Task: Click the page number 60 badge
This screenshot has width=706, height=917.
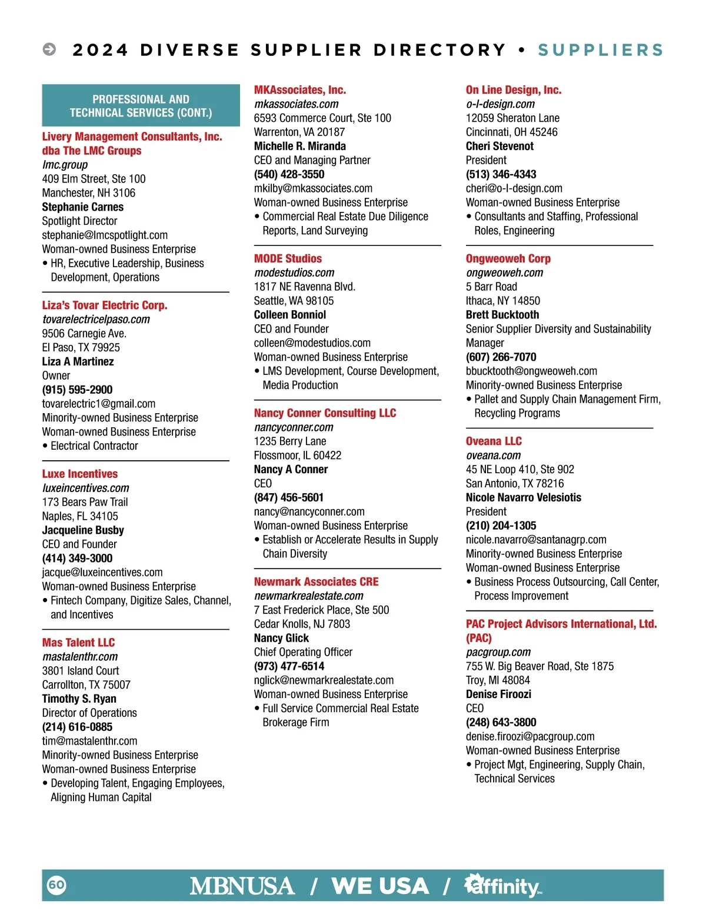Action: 56,885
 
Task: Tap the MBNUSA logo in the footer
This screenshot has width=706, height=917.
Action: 242,886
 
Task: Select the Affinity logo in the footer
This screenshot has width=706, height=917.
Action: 503,886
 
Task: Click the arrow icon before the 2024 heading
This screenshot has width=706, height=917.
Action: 49,49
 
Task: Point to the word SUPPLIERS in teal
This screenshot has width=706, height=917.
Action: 600,50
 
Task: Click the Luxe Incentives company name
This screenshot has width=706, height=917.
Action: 80,474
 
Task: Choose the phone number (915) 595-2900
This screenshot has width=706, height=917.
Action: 77,390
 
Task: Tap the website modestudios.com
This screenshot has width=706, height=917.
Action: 294,273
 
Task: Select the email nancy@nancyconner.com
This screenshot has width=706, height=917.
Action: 309,511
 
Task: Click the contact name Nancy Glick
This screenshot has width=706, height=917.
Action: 281,638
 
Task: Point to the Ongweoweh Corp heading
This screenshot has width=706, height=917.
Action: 508,258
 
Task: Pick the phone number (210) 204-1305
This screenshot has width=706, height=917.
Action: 501,526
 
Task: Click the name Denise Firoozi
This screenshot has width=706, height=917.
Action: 498,694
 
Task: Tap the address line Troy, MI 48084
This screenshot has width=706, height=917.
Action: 498,680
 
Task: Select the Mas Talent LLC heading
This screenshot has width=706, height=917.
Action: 78,642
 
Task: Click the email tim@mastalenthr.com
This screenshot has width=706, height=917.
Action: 89,741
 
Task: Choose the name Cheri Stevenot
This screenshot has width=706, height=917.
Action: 499,146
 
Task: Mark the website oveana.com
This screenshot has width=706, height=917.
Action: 493,455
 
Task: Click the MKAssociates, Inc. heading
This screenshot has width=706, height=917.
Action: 300,90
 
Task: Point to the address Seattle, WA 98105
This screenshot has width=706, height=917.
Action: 294,301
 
